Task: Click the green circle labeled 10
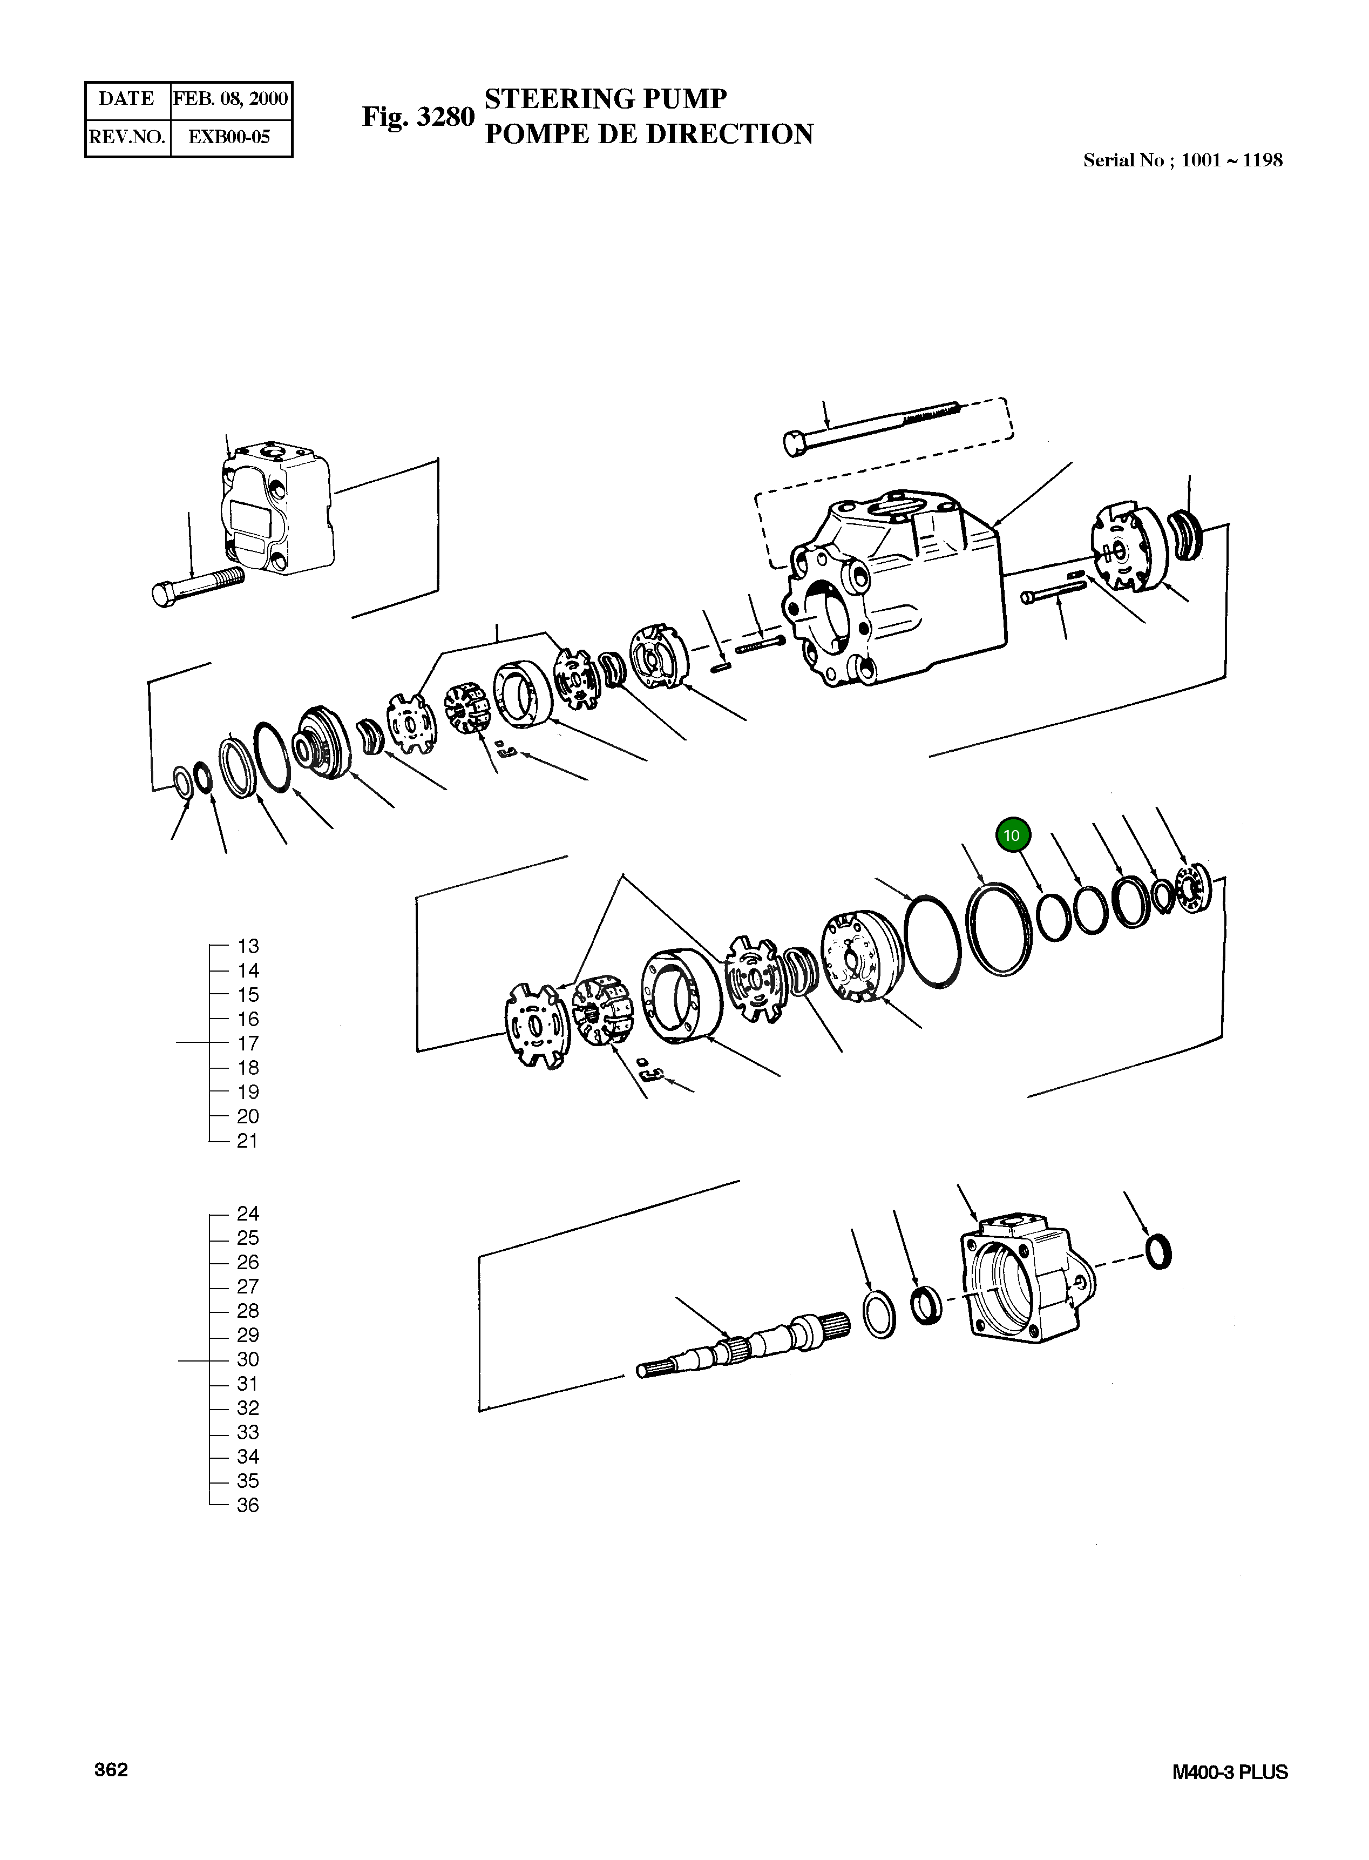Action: click(x=1012, y=835)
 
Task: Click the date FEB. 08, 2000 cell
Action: click(x=231, y=99)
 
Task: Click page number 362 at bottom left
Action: click(x=111, y=1770)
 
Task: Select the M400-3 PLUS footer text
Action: click(x=1230, y=1772)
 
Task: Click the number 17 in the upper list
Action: click(x=248, y=1043)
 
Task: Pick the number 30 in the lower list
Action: click(x=248, y=1359)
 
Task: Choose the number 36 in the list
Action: click(x=248, y=1505)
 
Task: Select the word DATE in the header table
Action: click(x=127, y=99)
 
